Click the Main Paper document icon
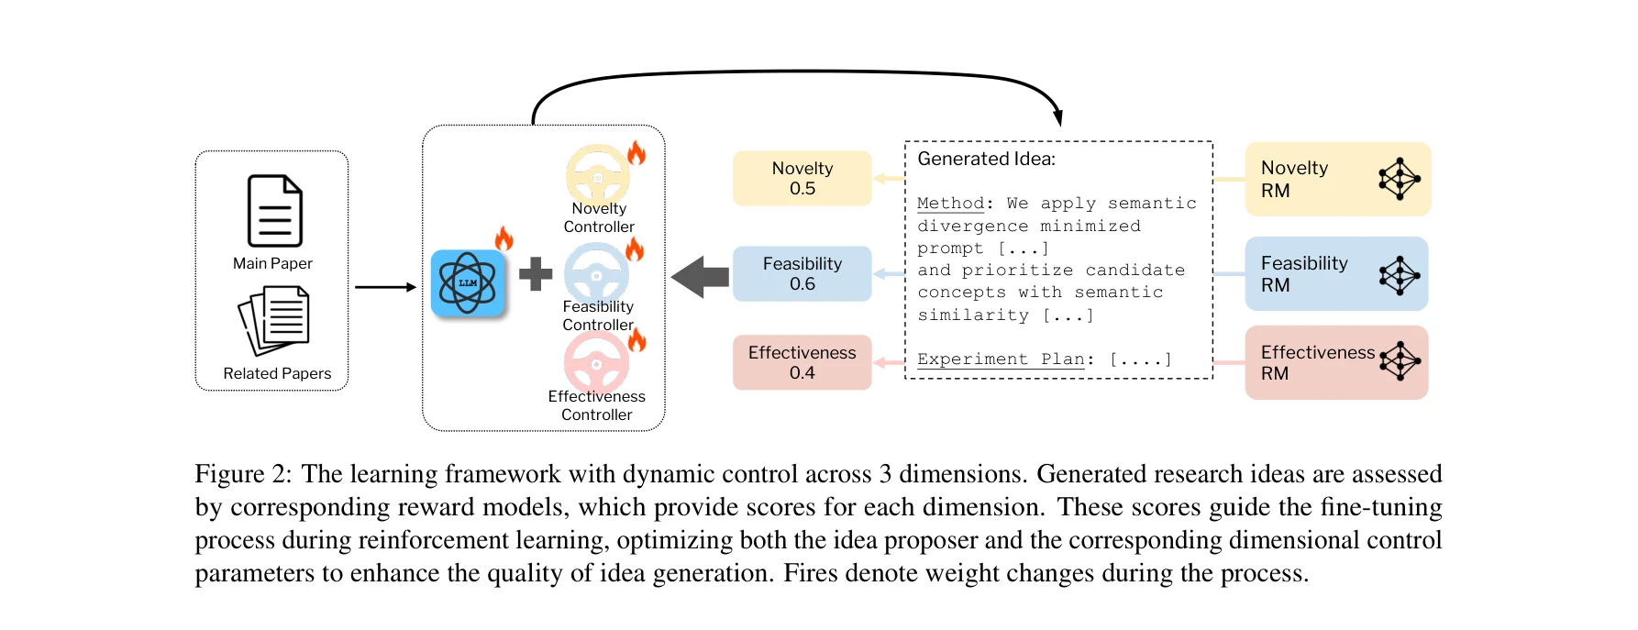(x=274, y=211)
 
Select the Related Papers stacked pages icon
(x=274, y=320)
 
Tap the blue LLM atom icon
(x=468, y=283)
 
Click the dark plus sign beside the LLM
(x=536, y=274)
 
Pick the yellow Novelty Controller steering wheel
(x=597, y=174)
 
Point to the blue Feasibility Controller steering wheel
(x=596, y=272)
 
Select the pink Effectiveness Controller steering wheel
(x=596, y=361)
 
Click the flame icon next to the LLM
(x=504, y=238)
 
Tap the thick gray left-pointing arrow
(x=700, y=276)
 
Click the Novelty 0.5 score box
(x=802, y=178)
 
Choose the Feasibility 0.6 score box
(x=802, y=273)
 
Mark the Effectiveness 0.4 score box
(x=802, y=362)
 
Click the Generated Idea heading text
(x=986, y=159)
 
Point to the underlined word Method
(x=950, y=203)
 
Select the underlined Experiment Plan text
(x=1001, y=359)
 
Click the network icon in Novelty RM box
(x=1399, y=179)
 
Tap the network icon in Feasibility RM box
(x=1399, y=274)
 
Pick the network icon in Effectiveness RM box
(x=1400, y=361)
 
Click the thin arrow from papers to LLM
(x=385, y=287)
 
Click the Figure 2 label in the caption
(x=242, y=474)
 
